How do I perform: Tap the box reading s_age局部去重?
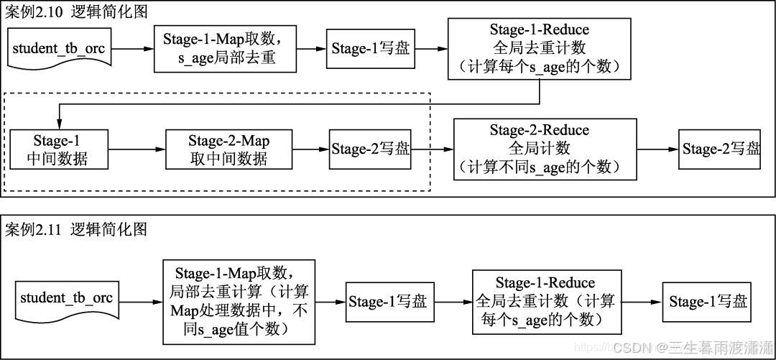226,49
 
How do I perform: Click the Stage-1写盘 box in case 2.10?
371,49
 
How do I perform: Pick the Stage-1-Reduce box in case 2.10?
539,49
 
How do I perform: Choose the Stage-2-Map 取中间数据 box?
228,149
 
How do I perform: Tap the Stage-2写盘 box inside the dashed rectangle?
371,149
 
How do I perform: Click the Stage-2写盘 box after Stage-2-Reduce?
721,149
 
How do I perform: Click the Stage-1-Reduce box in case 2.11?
545,301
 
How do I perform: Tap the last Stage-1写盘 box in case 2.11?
708,301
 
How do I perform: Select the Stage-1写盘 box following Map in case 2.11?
388,301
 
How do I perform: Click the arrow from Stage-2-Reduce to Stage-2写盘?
658,149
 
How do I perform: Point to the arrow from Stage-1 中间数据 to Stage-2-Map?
137,149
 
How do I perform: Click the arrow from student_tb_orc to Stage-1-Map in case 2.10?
133,50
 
